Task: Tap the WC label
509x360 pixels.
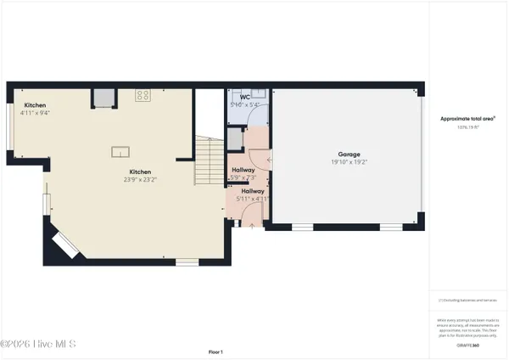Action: pyautogui.click(x=245, y=98)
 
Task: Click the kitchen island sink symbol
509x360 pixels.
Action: pyautogui.click(x=120, y=151)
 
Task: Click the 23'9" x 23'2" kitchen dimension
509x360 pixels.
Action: pyautogui.click(x=140, y=179)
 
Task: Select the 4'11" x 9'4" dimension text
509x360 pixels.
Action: pyautogui.click(x=36, y=113)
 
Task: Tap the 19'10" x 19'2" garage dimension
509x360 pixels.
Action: pyautogui.click(x=350, y=162)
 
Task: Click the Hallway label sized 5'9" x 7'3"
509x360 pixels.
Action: pyautogui.click(x=244, y=170)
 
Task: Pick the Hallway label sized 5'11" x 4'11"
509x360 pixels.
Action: pyautogui.click(x=253, y=192)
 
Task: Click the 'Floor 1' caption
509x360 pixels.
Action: pyautogui.click(x=215, y=352)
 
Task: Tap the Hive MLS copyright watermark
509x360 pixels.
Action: pyautogui.click(x=38, y=344)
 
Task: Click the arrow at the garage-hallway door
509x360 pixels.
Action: pyautogui.click(x=269, y=159)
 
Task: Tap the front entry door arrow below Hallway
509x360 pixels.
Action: pyautogui.click(x=252, y=224)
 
